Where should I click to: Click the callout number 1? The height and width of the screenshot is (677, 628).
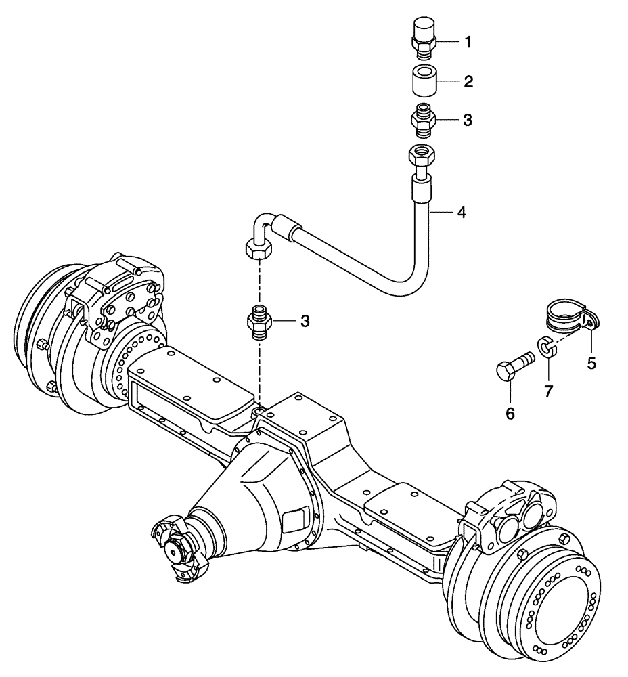(467, 42)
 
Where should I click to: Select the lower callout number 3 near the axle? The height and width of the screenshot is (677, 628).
(305, 321)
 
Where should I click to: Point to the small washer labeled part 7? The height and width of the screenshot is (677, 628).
(547, 347)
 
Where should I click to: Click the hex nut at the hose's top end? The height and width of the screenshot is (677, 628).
(422, 157)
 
